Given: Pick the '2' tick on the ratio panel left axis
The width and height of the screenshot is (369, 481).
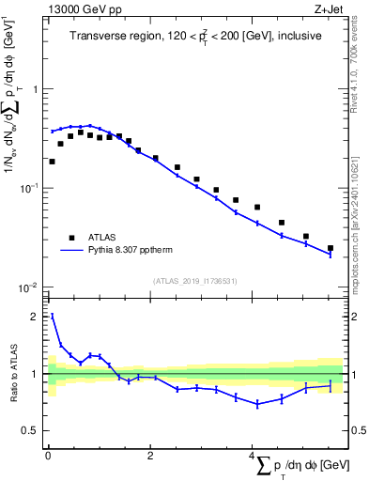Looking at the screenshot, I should (x=37, y=318).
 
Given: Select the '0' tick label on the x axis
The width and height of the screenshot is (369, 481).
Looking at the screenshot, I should (x=48, y=458).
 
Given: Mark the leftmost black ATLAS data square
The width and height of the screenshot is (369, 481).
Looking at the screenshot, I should (x=52, y=162).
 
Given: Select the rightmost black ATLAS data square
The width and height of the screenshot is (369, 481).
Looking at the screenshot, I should (x=331, y=248).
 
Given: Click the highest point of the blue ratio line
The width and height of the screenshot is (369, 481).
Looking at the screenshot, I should (x=52, y=316).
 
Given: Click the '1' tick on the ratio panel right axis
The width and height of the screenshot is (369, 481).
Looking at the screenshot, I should (x=355, y=374).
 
